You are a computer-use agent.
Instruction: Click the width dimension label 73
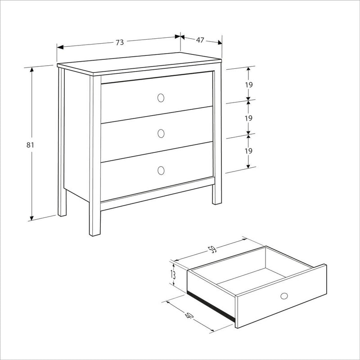pos(120,42)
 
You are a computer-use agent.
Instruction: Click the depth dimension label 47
pos(200,40)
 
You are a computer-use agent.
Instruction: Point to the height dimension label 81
pos(30,145)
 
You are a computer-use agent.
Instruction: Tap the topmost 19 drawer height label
pos(249,85)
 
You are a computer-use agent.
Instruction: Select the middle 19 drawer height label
pos(248,118)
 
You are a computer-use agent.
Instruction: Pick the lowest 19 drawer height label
pos(248,151)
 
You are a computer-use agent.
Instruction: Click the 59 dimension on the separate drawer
pos(212,250)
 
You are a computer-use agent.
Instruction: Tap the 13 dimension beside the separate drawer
pos(173,274)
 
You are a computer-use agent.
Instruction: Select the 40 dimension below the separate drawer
pos(189,316)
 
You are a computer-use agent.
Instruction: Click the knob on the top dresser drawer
pos(161,98)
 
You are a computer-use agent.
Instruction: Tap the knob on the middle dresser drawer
pos(161,133)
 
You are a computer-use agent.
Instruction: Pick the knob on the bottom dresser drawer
pos(161,171)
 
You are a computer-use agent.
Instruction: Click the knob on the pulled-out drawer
pos(284,296)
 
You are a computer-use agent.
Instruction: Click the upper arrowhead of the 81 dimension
pos(31,69)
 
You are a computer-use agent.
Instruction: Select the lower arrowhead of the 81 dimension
pos(31,218)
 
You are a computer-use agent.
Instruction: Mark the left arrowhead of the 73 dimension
pos(60,47)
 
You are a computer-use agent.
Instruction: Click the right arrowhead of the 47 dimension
pos(220,42)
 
